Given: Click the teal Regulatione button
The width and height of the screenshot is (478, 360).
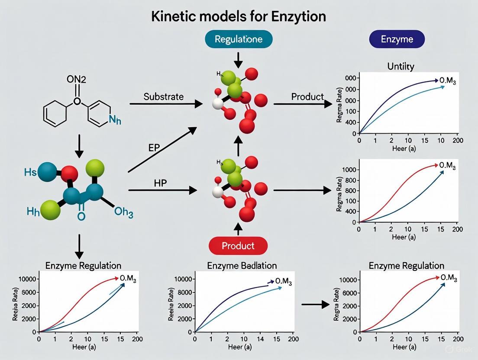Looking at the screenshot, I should pos(239,39).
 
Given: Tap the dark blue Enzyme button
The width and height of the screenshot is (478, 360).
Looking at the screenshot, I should pos(397,39).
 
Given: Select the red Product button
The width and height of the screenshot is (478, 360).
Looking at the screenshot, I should pos(238,246).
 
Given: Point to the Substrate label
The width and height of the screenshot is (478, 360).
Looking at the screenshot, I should pos(163,96).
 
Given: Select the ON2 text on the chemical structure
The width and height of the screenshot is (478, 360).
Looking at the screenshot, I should pos(77,79).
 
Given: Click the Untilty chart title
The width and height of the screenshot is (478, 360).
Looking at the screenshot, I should pos(400,66).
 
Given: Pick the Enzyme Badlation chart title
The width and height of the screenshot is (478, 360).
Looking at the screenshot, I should pos(241,265).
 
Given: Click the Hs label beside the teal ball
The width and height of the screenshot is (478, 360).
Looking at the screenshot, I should pos(31,172).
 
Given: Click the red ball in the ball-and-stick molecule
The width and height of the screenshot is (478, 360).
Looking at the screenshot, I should pos(69,174).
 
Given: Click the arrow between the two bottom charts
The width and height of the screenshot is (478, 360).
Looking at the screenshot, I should pos(315,305).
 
